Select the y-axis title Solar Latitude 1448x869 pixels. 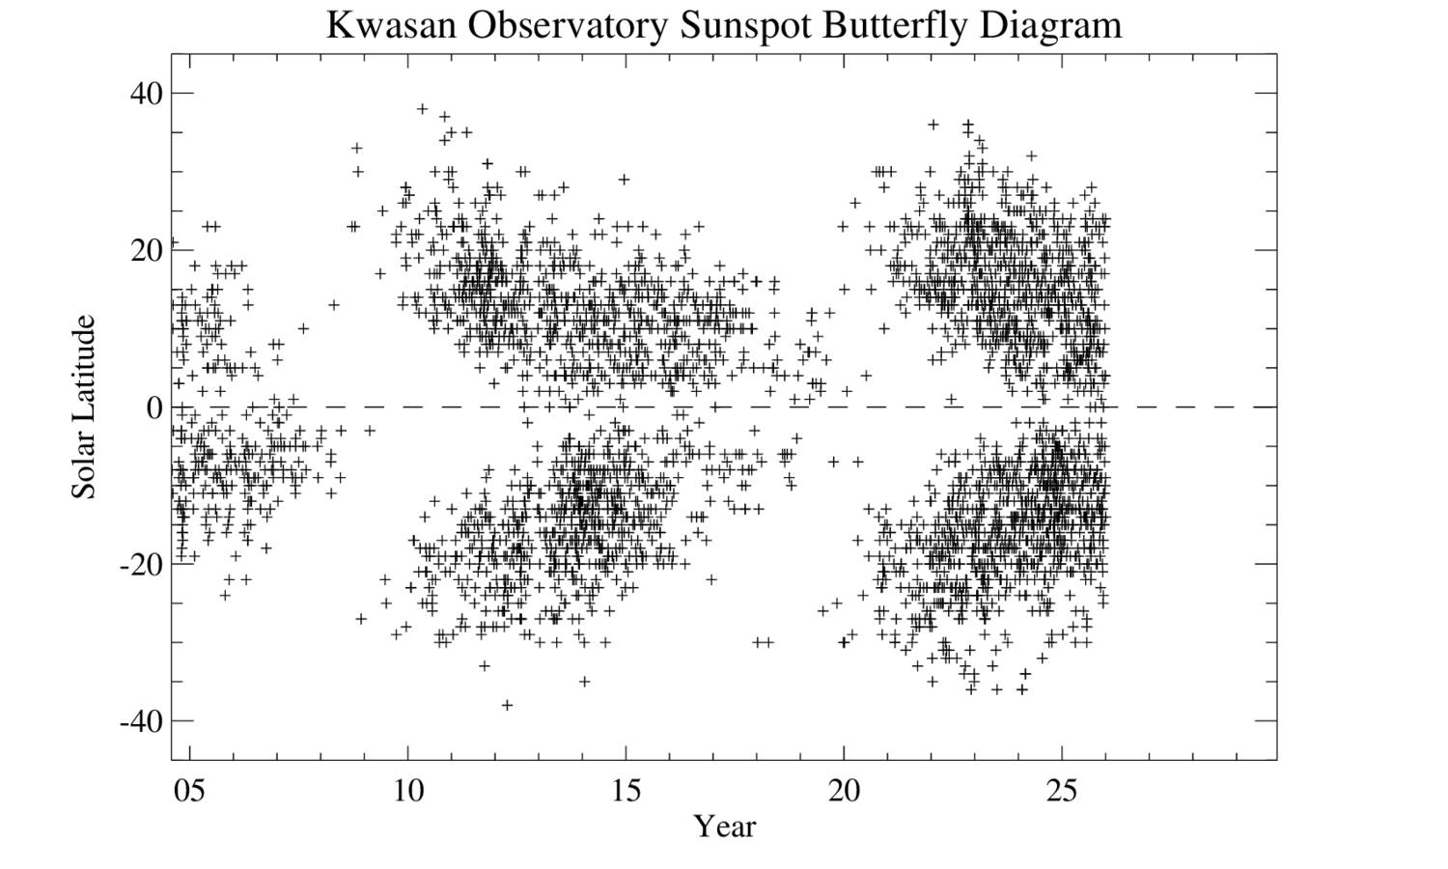85,406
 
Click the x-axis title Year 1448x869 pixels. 725,827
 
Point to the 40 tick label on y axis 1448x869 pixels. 143,94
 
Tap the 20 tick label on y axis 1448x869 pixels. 143,250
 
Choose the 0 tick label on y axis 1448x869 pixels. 153,407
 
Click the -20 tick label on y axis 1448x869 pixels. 139,564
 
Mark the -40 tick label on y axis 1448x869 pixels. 139,721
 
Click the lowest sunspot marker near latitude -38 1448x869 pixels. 507,705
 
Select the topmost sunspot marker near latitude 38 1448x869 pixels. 422,109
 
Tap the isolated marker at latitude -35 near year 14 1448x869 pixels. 584,682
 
